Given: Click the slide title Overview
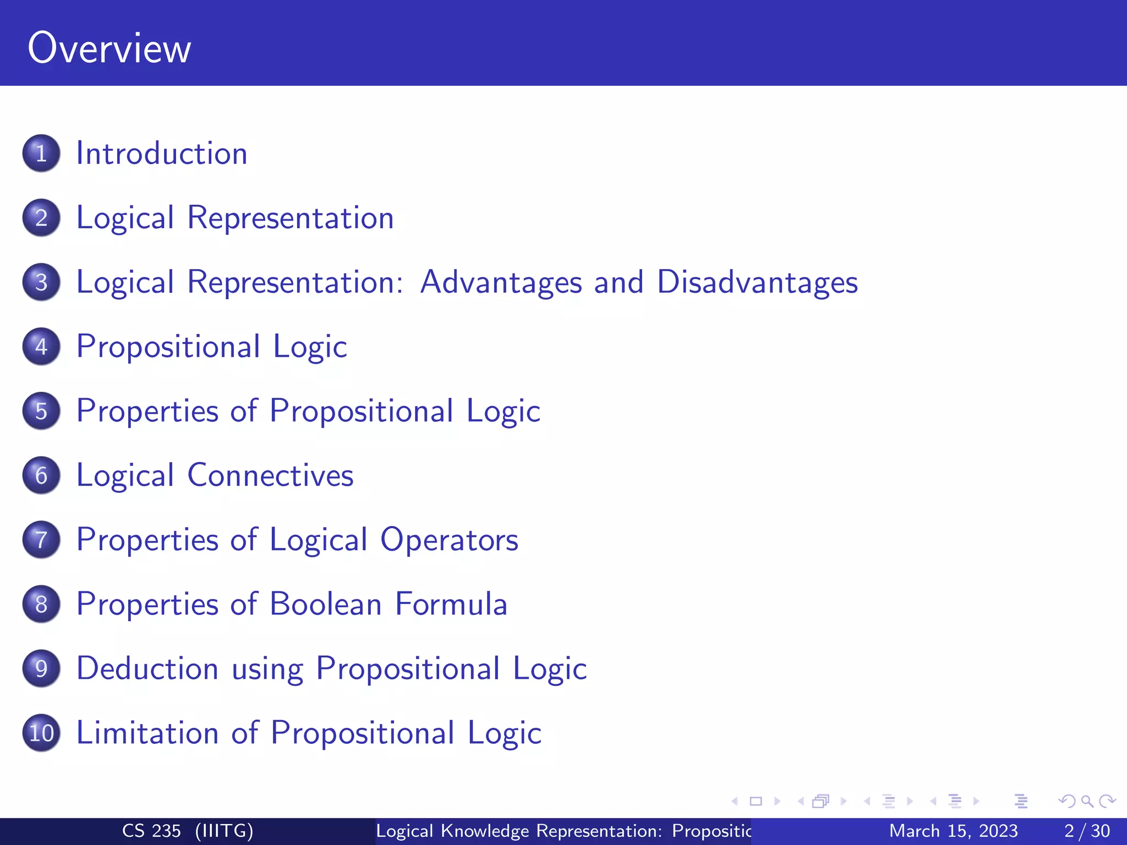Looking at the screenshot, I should coord(109,48).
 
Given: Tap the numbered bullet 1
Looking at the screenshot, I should coord(41,153).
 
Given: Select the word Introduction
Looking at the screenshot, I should coord(161,153).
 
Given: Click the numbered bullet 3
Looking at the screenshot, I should coord(41,282).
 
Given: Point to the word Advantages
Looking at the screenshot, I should coord(501,282).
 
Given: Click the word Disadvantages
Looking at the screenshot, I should coord(757,282).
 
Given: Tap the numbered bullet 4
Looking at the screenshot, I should coord(41,347).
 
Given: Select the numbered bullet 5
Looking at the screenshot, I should coord(41,411).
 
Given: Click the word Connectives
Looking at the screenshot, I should coord(270,475).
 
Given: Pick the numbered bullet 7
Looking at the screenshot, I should coord(41,540).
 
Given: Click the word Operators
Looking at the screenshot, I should coord(449,540).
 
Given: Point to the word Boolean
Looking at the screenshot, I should coord(326,604).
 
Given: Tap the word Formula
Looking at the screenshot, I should coord(451,604).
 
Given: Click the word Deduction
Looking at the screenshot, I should coord(147,668).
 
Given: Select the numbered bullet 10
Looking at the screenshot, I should coord(41,733).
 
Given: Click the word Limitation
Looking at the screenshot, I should coord(147,733).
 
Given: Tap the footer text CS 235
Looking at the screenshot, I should coord(151,831).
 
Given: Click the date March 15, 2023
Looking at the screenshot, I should coord(953,831).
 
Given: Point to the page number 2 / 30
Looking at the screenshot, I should coord(1087,831).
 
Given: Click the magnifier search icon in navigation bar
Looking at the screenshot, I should coord(1087,801).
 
